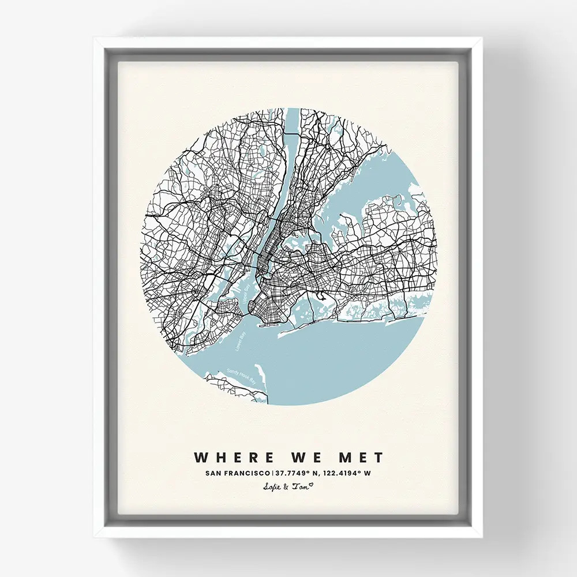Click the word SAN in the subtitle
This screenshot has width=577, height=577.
click(x=213, y=474)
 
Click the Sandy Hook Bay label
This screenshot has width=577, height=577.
click(x=241, y=374)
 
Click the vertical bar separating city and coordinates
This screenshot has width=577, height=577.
click(x=272, y=474)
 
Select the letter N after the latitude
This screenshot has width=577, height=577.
click(x=314, y=474)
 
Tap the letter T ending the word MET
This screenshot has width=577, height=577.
click(x=378, y=458)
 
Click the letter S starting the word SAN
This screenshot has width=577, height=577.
click(x=207, y=474)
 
